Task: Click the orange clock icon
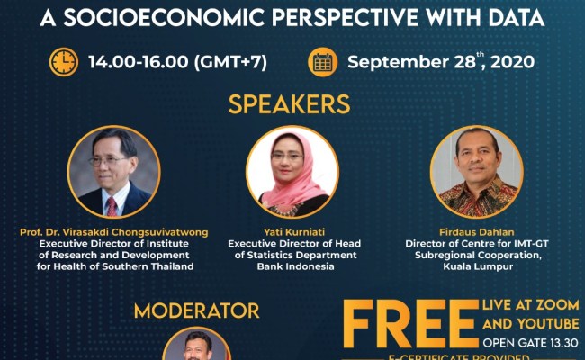click(64, 61)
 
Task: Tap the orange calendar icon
click(322, 61)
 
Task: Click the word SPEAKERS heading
click(289, 103)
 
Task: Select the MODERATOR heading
click(196, 310)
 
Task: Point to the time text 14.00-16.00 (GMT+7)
click(177, 62)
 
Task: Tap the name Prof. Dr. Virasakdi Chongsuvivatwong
click(113, 232)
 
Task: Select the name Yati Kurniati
click(292, 232)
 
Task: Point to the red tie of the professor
click(112, 206)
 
